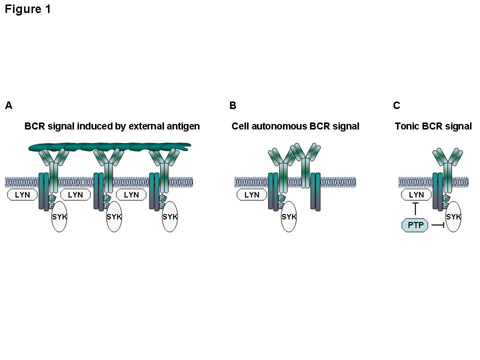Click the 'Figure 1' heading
(x=28, y=9)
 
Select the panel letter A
(x=8, y=105)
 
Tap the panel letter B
(x=232, y=105)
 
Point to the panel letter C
(x=396, y=105)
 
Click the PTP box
(x=415, y=225)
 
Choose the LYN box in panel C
(x=416, y=195)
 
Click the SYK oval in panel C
(x=453, y=217)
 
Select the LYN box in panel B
(x=251, y=195)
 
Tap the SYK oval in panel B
(x=288, y=217)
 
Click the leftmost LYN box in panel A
(x=22, y=195)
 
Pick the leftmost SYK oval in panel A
(x=59, y=217)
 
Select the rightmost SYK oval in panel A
(x=170, y=217)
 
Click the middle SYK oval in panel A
(x=114, y=217)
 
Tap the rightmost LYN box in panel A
(x=131, y=195)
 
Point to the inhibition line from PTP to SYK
(x=437, y=225)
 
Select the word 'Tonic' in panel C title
(x=405, y=126)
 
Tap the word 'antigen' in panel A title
(x=184, y=126)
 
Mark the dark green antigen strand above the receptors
(x=110, y=146)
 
